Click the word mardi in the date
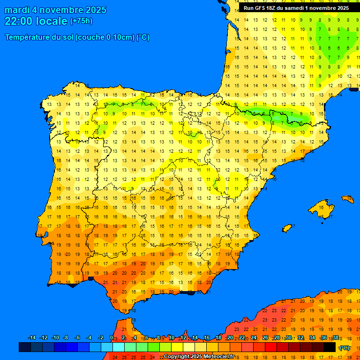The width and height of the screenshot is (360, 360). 17,10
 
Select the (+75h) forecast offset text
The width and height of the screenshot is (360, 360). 81,21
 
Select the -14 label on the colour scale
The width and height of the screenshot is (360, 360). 32,338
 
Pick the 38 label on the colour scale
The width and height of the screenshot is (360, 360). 336,338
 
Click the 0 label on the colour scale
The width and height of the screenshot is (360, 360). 111,338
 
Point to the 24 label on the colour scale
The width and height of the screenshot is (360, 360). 254,338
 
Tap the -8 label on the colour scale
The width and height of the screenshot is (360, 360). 66,338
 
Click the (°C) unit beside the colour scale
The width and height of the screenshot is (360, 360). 345,347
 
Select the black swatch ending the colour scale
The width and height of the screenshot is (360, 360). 330,347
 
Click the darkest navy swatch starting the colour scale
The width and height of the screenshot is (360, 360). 25,347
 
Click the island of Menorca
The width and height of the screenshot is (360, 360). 348,199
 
